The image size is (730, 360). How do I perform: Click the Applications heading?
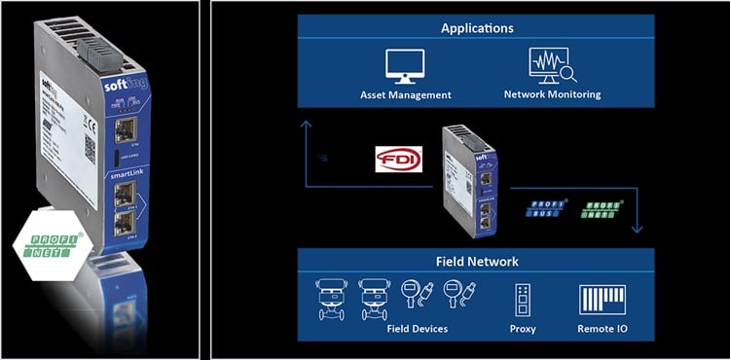[476, 28]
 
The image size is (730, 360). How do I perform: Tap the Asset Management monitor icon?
[404, 66]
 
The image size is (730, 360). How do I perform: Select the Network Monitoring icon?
[551, 66]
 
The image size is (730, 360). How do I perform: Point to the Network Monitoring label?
[552, 95]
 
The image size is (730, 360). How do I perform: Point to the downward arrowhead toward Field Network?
[638, 229]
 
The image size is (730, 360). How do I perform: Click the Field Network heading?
[477, 262]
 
